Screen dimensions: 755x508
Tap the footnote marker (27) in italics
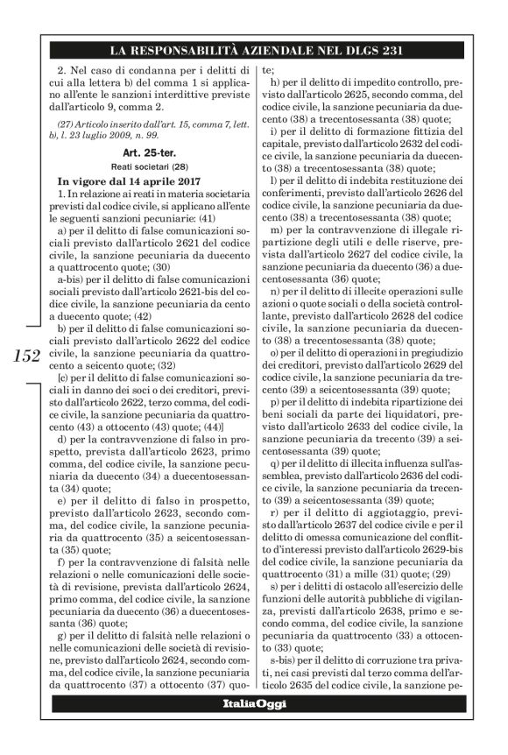[60, 120]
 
